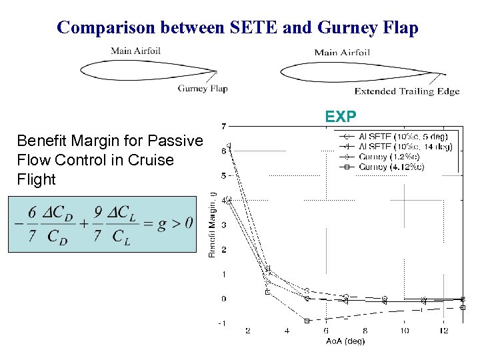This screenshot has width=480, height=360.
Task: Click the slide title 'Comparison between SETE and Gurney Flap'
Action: (x=237, y=27)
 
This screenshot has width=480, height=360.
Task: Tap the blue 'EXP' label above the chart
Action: (x=341, y=117)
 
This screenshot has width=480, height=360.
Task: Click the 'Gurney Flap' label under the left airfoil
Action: (x=203, y=89)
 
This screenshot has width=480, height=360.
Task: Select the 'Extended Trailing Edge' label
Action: (x=407, y=91)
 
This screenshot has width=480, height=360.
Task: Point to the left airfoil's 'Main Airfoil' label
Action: (x=135, y=51)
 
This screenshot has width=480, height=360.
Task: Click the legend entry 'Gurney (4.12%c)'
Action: (x=392, y=166)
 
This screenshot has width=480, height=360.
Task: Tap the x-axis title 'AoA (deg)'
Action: (x=346, y=341)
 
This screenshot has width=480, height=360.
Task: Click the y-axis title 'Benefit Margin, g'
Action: (x=213, y=224)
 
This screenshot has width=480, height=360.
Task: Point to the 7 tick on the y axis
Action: (x=223, y=126)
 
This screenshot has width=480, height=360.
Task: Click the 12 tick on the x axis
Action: (x=444, y=331)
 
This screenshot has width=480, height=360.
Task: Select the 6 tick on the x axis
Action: (x=326, y=331)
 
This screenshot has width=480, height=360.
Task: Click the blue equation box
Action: (x=103, y=224)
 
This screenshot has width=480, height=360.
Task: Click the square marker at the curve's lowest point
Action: (x=307, y=321)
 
